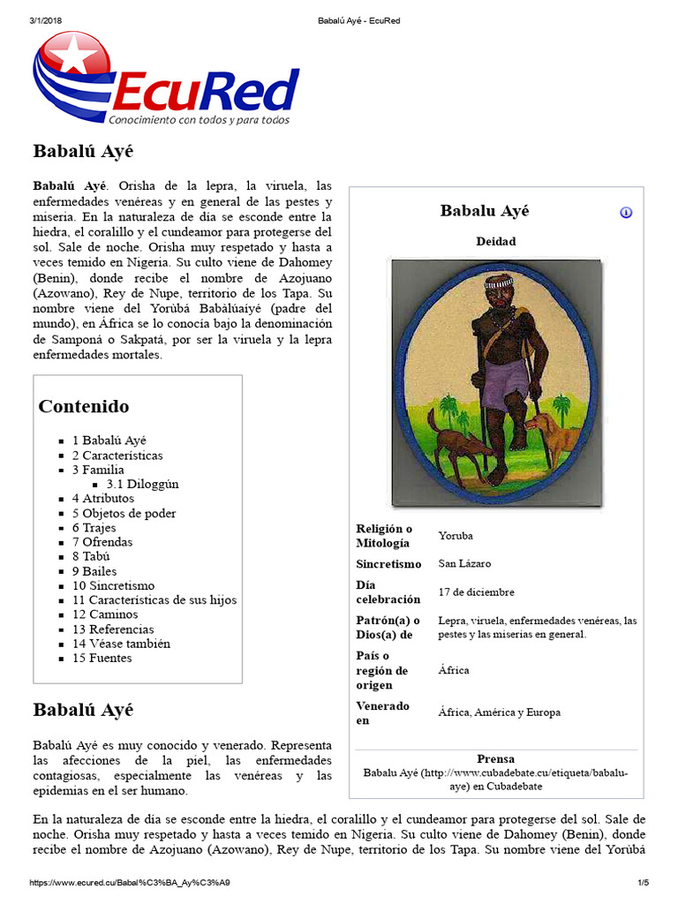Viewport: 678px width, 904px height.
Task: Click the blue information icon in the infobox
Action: [x=626, y=213]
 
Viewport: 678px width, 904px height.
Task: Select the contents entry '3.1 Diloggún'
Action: [x=142, y=484]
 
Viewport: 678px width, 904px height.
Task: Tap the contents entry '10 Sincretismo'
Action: [x=113, y=585]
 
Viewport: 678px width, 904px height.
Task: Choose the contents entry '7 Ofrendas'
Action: [x=102, y=542]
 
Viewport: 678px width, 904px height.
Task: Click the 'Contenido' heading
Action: [x=84, y=406]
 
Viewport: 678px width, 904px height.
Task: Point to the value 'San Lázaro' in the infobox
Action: [x=464, y=563]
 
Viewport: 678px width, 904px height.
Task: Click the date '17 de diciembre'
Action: [x=476, y=592]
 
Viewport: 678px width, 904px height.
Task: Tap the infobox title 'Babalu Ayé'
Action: [x=485, y=211]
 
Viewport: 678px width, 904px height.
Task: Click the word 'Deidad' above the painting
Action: [x=495, y=241]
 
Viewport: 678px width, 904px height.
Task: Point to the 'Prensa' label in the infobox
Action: [x=495, y=758]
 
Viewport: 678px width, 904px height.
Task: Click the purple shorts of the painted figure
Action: [x=505, y=386]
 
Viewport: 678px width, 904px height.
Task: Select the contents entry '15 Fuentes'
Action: [x=102, y=658]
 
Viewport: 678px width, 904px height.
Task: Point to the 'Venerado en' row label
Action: [x=383, y=712]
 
